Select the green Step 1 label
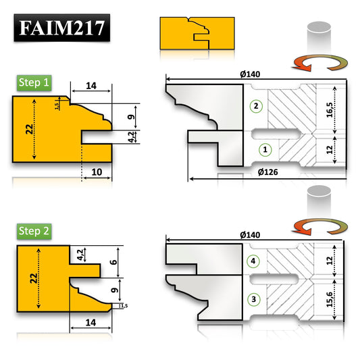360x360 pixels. pos(34,83)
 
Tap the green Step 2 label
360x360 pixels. pos(34,231)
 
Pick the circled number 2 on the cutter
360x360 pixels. pos(254,106)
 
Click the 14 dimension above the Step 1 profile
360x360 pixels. pos(92,86)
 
